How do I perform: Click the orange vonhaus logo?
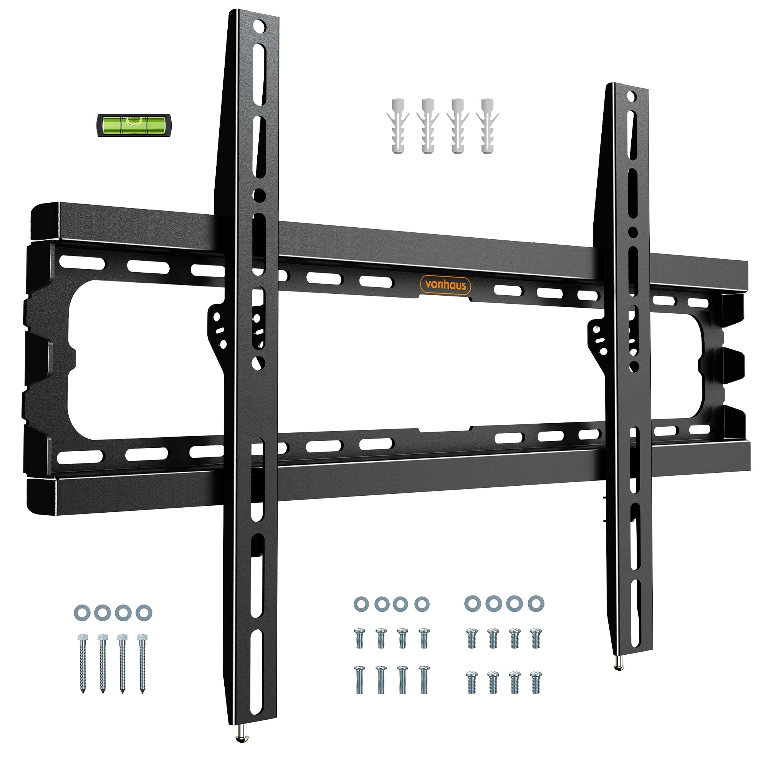(445, 285)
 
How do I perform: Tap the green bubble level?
(134, 125)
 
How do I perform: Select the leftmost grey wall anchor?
(398, 126)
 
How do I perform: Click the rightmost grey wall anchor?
(487, 126)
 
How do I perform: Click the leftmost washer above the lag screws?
(82, 612)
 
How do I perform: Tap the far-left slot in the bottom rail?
(80, 457)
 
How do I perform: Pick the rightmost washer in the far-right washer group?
(536, 603)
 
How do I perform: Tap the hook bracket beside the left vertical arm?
(218, 329)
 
